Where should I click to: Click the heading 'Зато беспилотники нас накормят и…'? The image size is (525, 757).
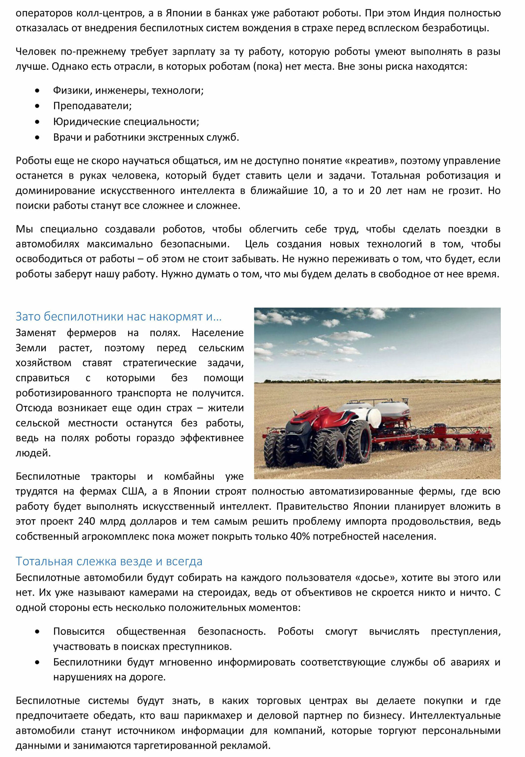tap(118, 316)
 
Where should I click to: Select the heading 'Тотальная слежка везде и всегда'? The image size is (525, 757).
tap(109, 561)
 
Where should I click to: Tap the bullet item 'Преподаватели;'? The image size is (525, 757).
tap(92, 106)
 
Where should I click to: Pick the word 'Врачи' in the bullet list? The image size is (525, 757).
tap(67, 137)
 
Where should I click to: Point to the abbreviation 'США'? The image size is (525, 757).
tap(133, 491)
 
